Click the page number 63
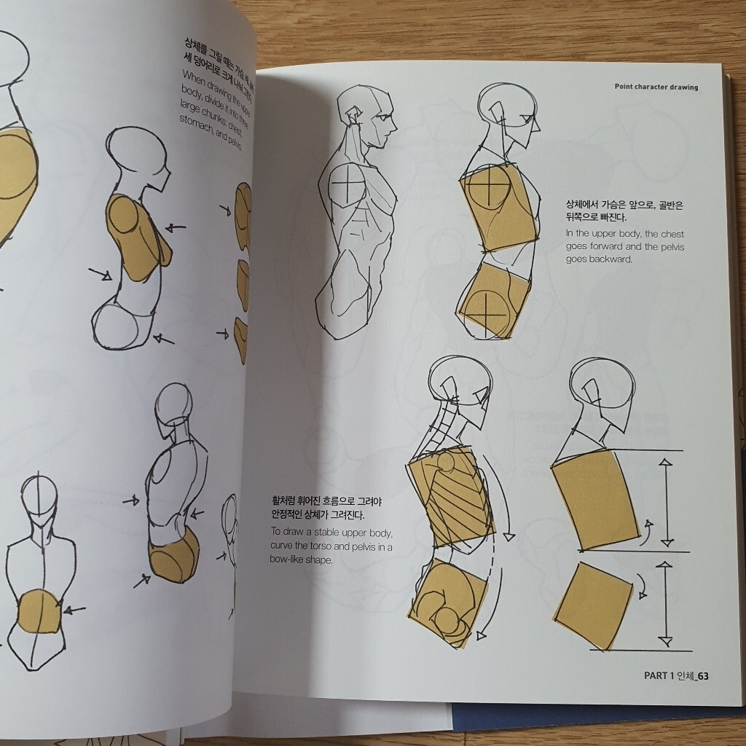click(x=702, y=675)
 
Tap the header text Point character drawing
click(x=656, y=87)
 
